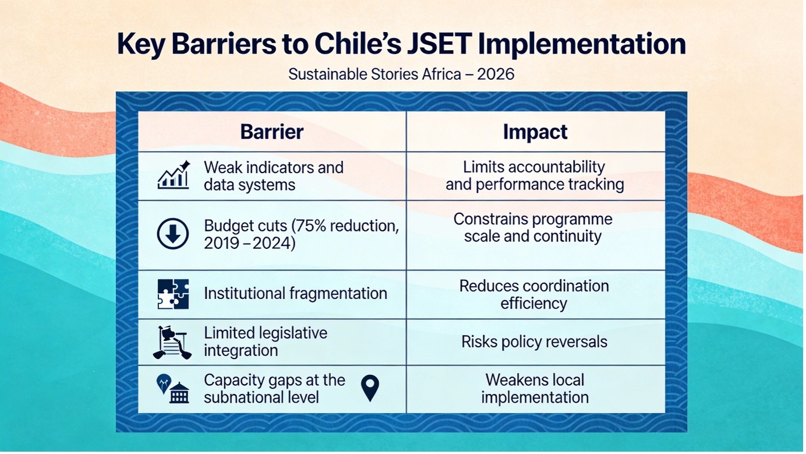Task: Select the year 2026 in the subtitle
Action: pyautogui.click(x=496, y=74)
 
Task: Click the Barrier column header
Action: pyautogui.click(x=271, y=132)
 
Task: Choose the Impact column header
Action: pyautogui.click(x=535, y=132)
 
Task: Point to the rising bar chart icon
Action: pyautogui.click(x=174, y=175)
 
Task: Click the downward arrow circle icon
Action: pyautogui.click(x=173, y=234)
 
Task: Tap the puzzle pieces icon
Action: pyautogui.click(x=173, y=294)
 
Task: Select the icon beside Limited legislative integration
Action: pyautogui.click(x=172, y=342)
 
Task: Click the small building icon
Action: pyautogui.click(x=179, y=393)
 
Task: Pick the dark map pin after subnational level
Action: pyautogui.click(x=370, y=388)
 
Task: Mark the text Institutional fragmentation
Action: pyautogui.click(x=295, y=293)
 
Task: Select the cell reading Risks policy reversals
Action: pyautogui.click(x=534, y=342)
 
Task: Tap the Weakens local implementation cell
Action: pyautogui.click(x=535, y=389)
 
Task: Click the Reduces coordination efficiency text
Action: pyautogui.click(x=534, y=294)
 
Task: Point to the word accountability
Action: pyautogui.click(x=557, y=167)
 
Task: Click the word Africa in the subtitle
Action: pyautogui.click(x=441, y=74)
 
